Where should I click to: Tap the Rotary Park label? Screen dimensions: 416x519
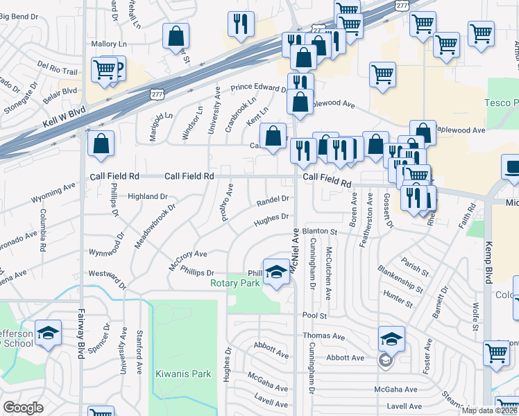pos(235,283)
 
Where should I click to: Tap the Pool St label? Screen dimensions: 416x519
pos(309,315)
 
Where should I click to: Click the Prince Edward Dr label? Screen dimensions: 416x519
pos(258,88)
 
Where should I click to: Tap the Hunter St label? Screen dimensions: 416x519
pos(398,300)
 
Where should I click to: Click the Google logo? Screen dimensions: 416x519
pos(23,408)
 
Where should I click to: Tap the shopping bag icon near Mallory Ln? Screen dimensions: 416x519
pos(176,35)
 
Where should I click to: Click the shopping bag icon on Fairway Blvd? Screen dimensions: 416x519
pos(101,144)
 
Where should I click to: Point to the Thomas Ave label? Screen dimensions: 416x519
pos(323,336)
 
